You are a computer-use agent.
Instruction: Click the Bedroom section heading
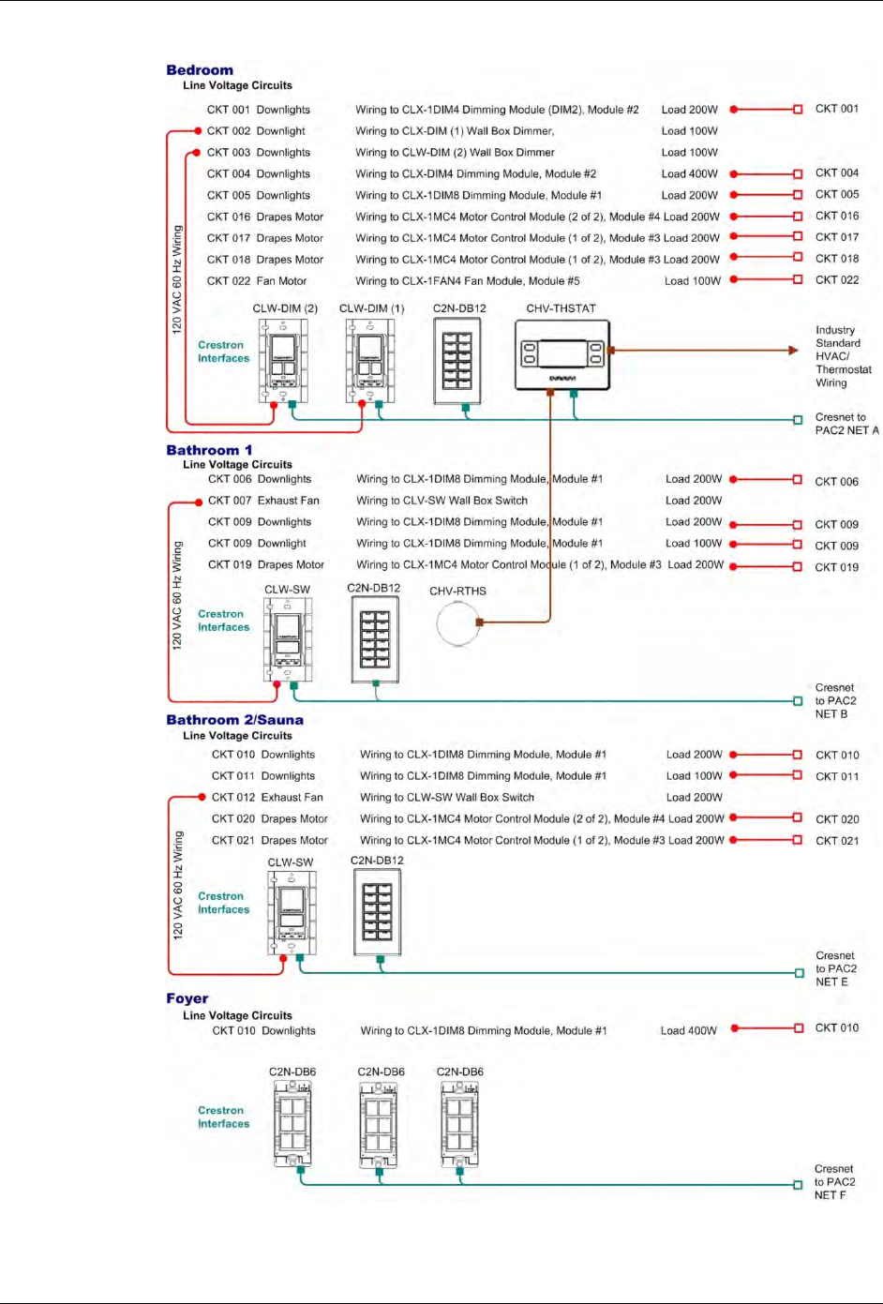pyautogui.click(x=200, y=70)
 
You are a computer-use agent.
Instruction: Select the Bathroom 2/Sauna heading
pyautogui.click(x=234, y=720)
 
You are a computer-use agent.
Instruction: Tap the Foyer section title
pyautogui.click(x=187, y=998)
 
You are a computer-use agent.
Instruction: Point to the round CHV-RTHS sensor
pyautogui.click(x=458, y=622)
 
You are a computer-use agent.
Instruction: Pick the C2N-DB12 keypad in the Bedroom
pyautogui.click(x=457, y=361)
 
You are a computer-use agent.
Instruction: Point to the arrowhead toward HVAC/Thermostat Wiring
pyautogui.click(x=793, y=351)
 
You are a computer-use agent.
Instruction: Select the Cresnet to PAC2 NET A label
pyautogui.click(x=846, y=424)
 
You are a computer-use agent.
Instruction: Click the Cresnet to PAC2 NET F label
pyautogui.click(x=834, y=1182)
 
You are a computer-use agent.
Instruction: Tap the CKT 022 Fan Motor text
pyautogui.click(x=257, y=281)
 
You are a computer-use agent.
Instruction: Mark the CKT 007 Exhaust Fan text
pyautogui.click(x=263, y=501)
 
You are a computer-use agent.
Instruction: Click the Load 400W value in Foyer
pyautogui.click(x=688, y=1031)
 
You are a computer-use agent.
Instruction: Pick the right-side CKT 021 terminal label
pyautogui.click(x=837, y=841)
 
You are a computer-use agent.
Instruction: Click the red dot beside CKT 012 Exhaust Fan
pyautogui.click(x=202, y=797)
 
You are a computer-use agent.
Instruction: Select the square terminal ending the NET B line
pyautogui.click(x=798, y=701)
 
